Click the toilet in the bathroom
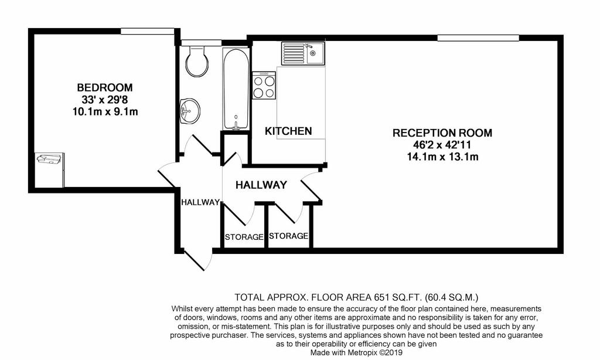[197, 60]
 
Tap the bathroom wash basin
[190, 110]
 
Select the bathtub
[236, 89]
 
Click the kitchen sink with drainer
[303, 53]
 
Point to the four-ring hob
[264, 86]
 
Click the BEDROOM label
[105, 88]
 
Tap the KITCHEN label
[288, 131]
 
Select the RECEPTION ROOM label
[442, 133]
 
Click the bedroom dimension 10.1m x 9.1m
[105, 112]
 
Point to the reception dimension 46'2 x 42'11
[442, 145]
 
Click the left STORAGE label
[244, 237]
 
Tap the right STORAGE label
[288, 236]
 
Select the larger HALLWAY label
[261, 185]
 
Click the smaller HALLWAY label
[200, 202]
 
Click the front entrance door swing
[198, 260]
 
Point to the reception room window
[478, 38]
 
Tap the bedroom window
[148, 31]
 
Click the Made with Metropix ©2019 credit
[356, 353]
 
